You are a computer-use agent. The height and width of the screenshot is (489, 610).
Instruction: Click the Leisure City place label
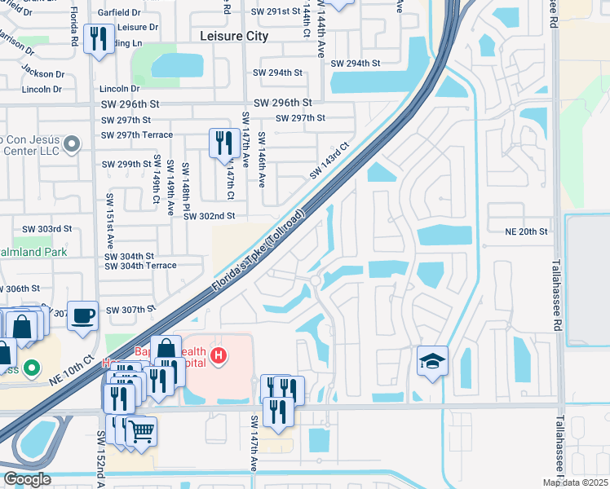[x=235, y=36]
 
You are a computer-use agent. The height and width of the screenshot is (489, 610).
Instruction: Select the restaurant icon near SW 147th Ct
[x=223, y=143]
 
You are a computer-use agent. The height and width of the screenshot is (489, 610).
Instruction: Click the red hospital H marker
[x=218, y=355]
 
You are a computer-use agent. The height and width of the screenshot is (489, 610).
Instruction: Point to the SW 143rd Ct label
[x=329, y=161]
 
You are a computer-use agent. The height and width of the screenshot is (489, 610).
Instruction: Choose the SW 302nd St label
[x=209, y=216]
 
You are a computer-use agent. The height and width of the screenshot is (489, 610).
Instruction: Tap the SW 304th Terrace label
[x=140, y=266]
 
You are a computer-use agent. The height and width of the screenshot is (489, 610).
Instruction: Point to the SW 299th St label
[x=127, y=164]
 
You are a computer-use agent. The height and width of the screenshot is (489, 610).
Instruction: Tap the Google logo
[x=27, y=479]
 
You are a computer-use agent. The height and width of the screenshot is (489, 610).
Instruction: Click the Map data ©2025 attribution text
[x=575, y=482]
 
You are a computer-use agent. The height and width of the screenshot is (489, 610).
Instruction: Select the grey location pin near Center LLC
[x=71, y=145]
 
